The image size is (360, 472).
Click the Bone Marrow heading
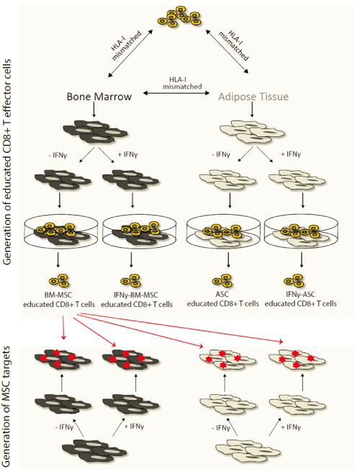[x=99, y=97]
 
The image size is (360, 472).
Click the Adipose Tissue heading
[x=253, y=97]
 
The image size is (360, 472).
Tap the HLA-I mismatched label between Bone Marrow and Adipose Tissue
[x=182, y=83]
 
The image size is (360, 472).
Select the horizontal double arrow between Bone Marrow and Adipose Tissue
[x=176, y=93]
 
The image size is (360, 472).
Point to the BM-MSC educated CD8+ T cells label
[x=59, y=300]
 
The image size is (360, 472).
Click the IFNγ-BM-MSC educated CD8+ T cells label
[x=137, y=300]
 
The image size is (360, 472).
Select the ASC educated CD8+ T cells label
[x=223, y=299]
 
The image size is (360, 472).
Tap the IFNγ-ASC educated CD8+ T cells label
[x=300, y=299]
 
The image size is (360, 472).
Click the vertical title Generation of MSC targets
[x=6, y=407]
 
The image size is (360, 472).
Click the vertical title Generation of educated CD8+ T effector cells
[x=6, y=162]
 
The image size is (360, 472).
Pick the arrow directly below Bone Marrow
[x=94, y=110]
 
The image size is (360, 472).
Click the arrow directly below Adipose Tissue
[x=252, y=110]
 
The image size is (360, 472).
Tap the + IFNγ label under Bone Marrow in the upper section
[x=128, y=155]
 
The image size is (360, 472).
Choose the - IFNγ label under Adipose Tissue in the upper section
[x=221, y=155]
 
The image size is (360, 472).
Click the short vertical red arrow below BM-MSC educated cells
[x=63, y=327]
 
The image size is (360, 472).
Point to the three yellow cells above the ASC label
[x=223, y=281]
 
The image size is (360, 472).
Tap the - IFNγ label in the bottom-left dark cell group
[x=64, y=427]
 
